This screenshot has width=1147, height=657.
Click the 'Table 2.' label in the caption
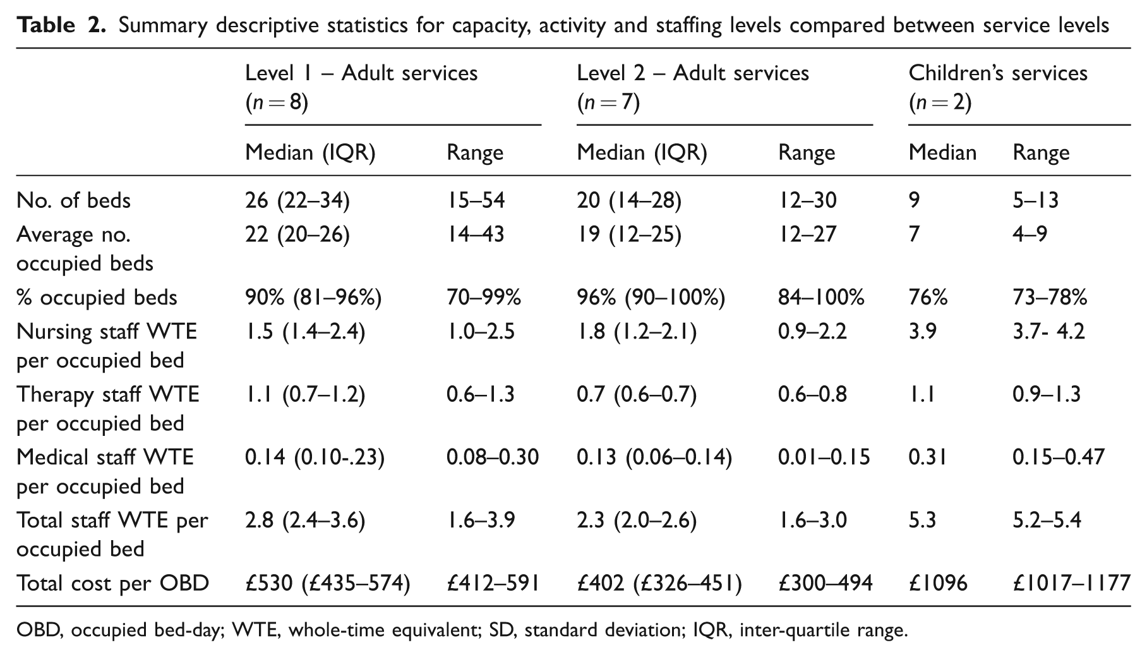click(61, 25)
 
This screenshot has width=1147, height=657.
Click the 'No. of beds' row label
click(73, 200)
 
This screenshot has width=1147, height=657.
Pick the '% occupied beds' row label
click(97, 297)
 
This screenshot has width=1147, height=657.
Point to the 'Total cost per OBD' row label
click(112, 582)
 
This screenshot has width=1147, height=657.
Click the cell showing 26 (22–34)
click(297, 200)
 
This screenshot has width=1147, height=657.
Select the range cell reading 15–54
click(476, 200)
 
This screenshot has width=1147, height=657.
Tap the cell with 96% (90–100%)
click(651, 297)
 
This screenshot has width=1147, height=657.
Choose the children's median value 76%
click(928, 297)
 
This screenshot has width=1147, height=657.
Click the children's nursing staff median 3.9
click(923, 331)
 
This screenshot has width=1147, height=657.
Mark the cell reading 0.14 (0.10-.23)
click(315, 457)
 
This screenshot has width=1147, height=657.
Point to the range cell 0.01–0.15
click(824, 457)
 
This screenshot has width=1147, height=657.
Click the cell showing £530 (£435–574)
click(327, 582)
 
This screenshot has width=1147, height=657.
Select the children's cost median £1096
click(938, 582)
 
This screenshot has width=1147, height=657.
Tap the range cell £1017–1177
click(1072, 582)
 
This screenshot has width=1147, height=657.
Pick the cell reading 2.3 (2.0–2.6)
click(636, 520)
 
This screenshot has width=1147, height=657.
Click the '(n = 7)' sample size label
click(608, 102)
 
